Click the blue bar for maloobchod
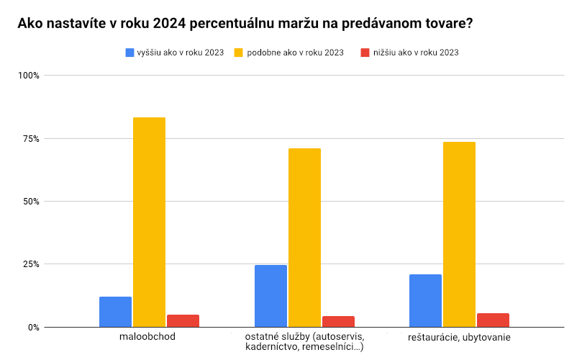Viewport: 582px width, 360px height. (x=115, y=312)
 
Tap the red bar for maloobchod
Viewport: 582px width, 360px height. (x=183, y=320)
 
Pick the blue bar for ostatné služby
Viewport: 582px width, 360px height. (x=270, y=296)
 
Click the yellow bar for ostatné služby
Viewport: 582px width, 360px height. (x=304, y=238)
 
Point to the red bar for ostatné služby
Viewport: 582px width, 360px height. (x=338, y=321)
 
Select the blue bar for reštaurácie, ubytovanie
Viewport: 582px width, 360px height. (x=425, y=300)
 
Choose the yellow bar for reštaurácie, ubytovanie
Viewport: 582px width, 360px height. (x=459, y=234)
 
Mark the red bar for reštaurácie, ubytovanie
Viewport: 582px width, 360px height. (x=493, y=320)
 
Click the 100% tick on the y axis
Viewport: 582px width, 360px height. (x=29, y=76)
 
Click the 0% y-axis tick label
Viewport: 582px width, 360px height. (x=34, y=327)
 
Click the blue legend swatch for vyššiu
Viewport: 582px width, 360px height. (x=130, y=53)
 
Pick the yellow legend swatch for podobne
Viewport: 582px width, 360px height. (x=240, y=53)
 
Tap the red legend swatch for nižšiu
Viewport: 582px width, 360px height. (x=365, y=53)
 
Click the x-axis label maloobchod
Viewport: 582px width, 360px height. (x=149, y=337)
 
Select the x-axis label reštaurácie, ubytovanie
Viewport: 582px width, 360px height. (x=459, y=337)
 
